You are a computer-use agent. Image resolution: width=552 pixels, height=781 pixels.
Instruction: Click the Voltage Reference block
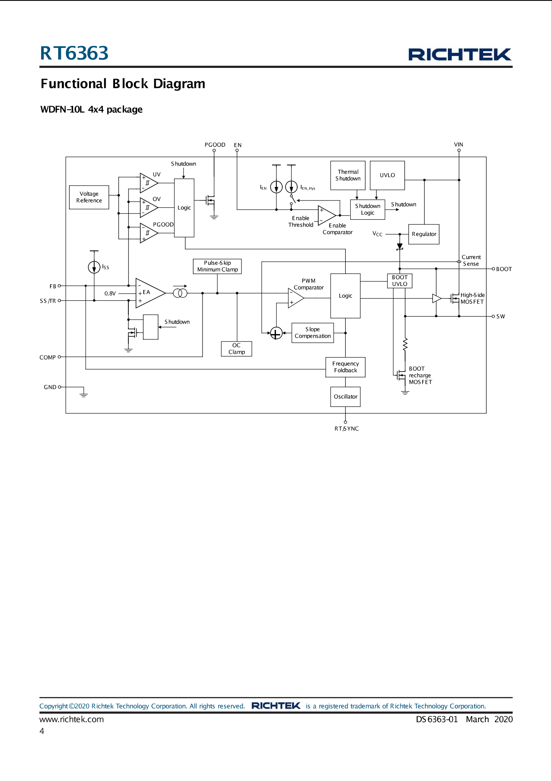[x=89, y=197]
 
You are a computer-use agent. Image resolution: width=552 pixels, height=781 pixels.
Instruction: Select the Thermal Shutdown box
[x=348, y=175]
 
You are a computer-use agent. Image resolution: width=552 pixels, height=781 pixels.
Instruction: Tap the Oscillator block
[x=345, y=396]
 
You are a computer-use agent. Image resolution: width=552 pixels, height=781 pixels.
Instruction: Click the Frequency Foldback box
[x=345, y=367]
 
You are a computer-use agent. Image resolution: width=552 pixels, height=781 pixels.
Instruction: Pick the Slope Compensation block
[x=312, y=333]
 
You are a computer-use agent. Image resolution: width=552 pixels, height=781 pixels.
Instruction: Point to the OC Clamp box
[x=236, y=349]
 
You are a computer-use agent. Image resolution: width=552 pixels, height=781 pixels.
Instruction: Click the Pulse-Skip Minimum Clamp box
[x=217, y=266]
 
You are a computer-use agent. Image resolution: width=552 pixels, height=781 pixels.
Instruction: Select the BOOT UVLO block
[x=400, y=281]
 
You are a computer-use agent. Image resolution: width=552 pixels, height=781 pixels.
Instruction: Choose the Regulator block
[x=424, y=234]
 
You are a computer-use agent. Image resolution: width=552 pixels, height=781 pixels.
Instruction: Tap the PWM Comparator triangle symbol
[x=295, y=298]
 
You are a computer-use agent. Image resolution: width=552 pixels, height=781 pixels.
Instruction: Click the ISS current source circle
[x=94, y=267]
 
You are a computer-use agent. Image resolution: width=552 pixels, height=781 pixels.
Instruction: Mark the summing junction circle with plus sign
[x=276, y=333]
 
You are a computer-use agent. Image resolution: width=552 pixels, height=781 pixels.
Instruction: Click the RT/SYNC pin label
[x=346, y=428]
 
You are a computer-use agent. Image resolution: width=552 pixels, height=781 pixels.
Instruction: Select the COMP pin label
[x=47, y=357]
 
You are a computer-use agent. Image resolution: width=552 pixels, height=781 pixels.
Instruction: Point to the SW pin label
[x=500, y=316]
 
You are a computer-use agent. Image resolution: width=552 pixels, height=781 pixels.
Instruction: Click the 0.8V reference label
[x=110, y=293]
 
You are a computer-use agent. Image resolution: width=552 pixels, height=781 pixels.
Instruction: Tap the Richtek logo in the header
[x=460, y=54]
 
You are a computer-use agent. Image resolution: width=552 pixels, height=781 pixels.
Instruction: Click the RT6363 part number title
[x=74, y=53]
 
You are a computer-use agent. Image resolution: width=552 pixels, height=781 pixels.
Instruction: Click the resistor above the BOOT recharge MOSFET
[x=405, y=344]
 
